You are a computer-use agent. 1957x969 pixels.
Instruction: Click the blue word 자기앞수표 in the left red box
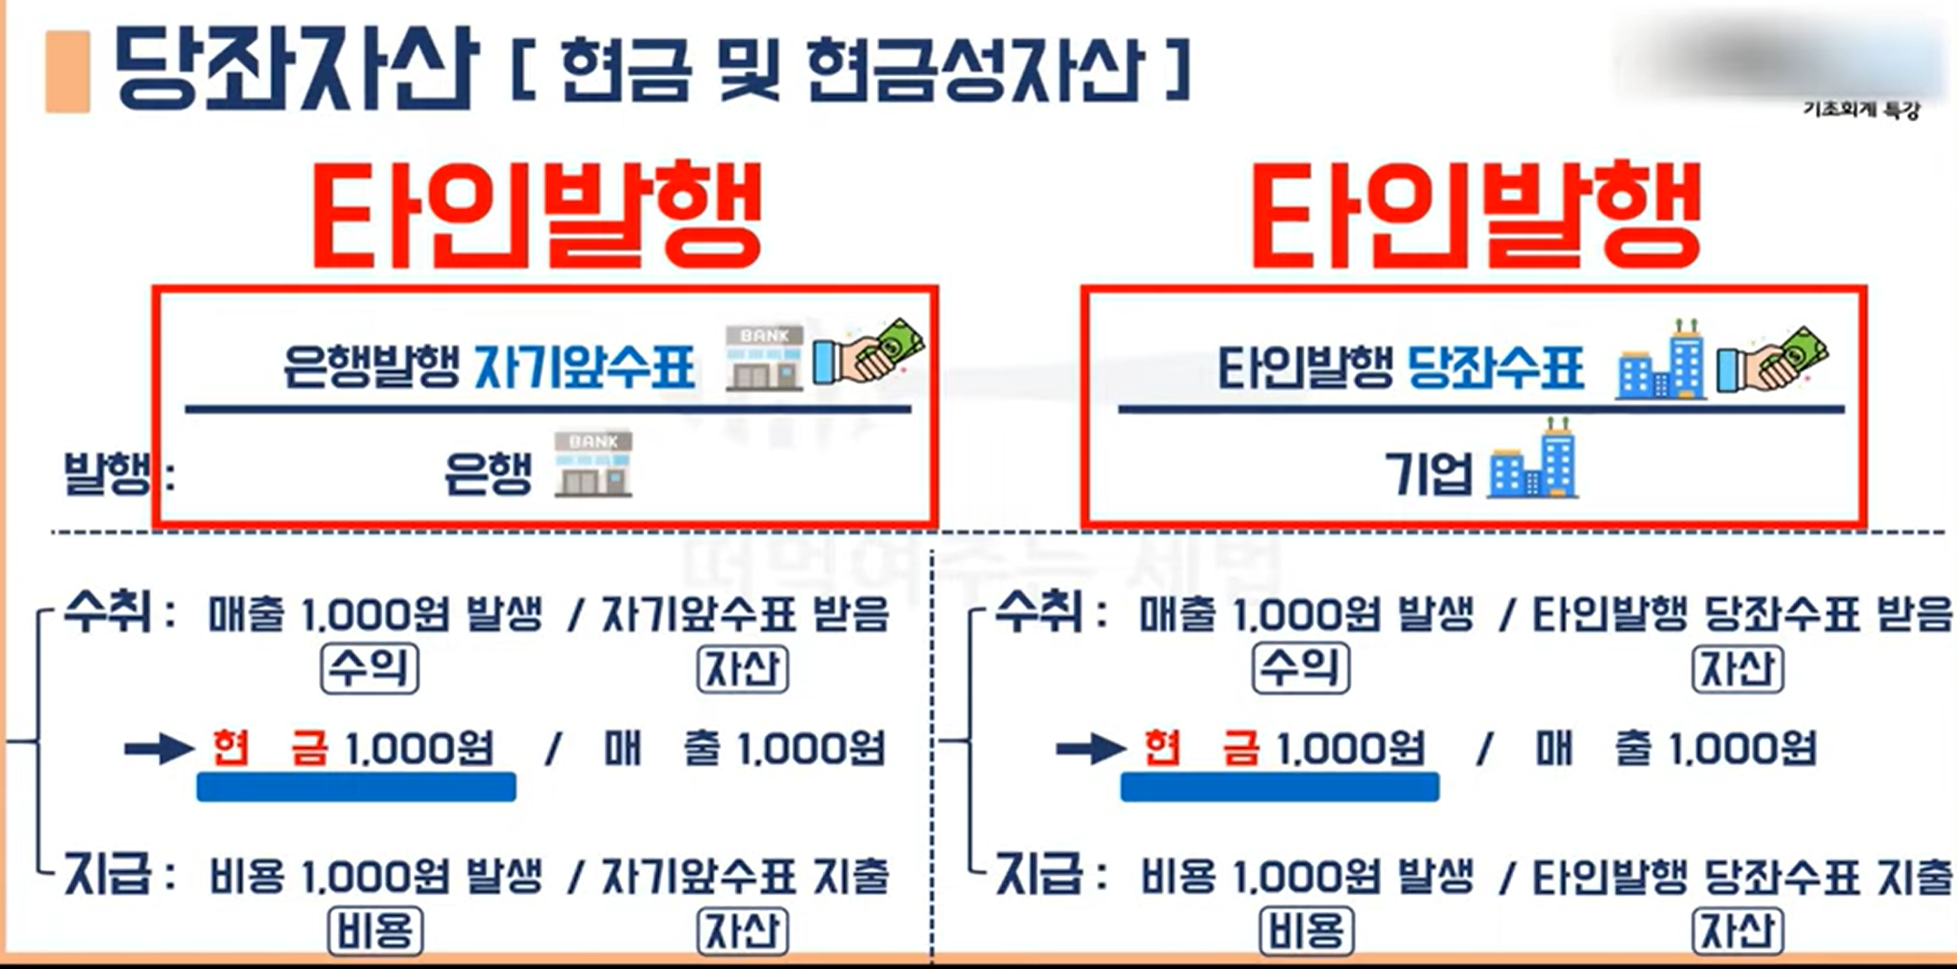(x=584, y=368)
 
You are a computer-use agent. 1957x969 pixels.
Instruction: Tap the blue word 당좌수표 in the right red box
(x=1495, y=368)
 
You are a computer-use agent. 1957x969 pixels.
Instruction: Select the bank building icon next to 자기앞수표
(x=764, y=358)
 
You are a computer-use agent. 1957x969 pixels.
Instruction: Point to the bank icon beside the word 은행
(x=592, y=464)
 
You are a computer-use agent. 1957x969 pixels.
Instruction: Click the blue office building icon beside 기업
(x=1532, y=460)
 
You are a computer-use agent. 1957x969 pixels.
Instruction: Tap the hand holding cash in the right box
(x=1772, y=358)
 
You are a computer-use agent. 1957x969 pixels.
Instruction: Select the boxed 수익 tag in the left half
(x=369, y=668)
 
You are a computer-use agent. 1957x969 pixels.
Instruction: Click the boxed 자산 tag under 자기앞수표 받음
(x=742, y=669)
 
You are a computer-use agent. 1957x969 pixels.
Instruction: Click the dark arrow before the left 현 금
(x=158, y=749)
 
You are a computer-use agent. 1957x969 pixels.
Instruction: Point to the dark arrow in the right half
(x=1090, y=749)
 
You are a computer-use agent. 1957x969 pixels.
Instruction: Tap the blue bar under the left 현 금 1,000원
(x=355, y=787)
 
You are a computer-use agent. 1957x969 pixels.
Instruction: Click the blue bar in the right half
(x=1279, y=787)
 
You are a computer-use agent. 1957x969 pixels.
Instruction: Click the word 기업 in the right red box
(x=1428, y=473)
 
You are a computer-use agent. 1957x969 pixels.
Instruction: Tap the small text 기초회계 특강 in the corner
(x=1861, y=110)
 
